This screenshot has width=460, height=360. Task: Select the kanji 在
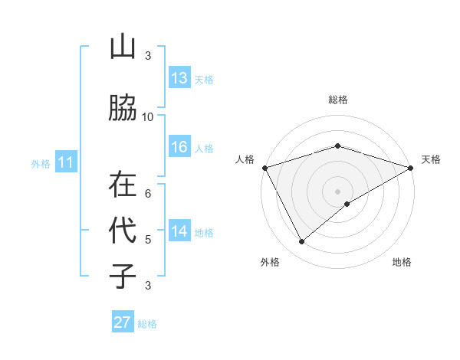pyautogui.click(x=123, y=184)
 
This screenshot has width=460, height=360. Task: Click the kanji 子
pyautogui.click(x=123, y=276)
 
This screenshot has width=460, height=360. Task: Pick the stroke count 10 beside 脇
pyautogui.click(x=148, y=116)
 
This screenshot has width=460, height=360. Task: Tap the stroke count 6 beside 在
pyautogui.click(x=148, y=193)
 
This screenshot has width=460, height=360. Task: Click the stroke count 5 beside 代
pyautogui.click(x=148, y=239)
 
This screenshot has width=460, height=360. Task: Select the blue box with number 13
pyautogui.click(x=179, y=78)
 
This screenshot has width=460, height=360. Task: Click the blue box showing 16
pyautogui.click(x=179, y=147)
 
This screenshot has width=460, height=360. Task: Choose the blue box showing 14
pyautogui.click(x=179, y=231)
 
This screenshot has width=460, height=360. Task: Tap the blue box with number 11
pyautogui.click(x=66, y=162)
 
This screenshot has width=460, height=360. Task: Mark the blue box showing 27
pyautogui.click(x=123, y=322)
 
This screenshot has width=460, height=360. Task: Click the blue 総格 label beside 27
pyautogui.click(x=147, y=324)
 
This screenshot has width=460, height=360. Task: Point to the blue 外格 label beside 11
pyautogui.click(x=41, y=163)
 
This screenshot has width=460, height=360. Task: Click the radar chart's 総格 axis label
pyautogui.click(x=337, y=100)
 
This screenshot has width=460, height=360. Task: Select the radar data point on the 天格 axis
pyautogui.click(x=411, y=167)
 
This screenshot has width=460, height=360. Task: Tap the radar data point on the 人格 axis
pyautogui.click(x=264, y=167)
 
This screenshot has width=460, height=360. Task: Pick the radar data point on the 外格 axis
pyautogui.click(x=302, y=242)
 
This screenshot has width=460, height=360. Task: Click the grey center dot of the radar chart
pyautogui.click(x=337, y=191)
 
